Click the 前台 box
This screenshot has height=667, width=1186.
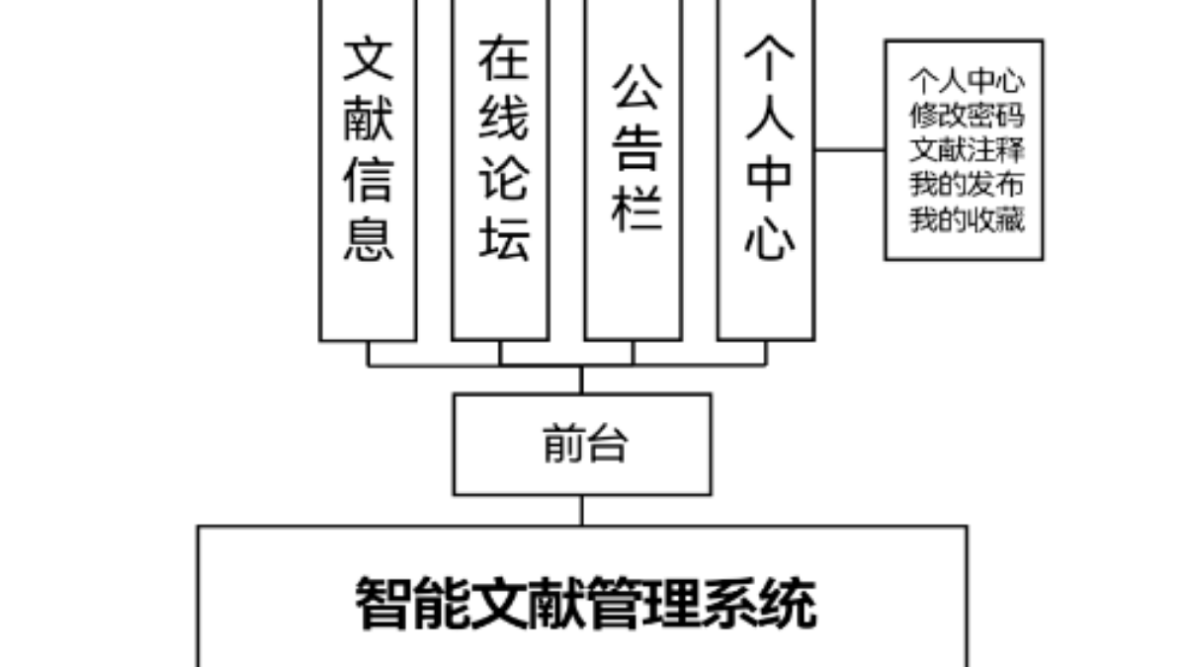coord(582,445)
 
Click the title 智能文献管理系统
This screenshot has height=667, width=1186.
coord(586,603)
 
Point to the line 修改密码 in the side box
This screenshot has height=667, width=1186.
coord(967,116)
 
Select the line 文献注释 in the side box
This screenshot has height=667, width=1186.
coord(967,150)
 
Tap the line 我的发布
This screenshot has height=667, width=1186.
coord(967,185)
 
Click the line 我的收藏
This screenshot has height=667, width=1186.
coord(967,219)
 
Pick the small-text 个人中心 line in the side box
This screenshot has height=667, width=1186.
coord(967,81)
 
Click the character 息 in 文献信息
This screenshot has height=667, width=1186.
coord(369,237)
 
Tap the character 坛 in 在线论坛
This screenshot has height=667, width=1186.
coord(503,237)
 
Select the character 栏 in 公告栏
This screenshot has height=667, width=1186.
coord(635,208)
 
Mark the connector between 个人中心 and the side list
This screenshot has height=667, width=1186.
coord(849,150)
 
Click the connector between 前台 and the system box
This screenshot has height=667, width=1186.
coord(582,510)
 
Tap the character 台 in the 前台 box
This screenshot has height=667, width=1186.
coord(608,445)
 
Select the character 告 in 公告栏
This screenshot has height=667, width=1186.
coord(635,148)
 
